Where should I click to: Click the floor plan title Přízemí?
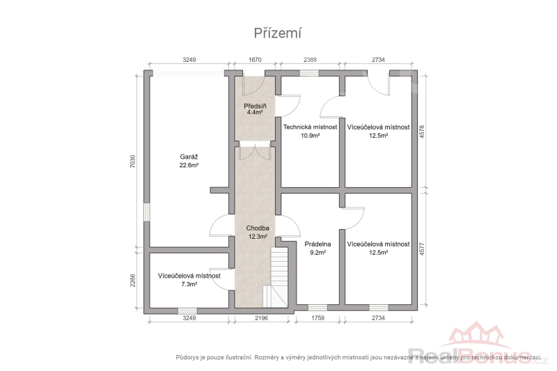277,33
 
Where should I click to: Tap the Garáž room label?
189,157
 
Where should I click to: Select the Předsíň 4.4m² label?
255,109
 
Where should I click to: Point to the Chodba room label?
258,228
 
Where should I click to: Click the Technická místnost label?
310,127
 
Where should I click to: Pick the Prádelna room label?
318,244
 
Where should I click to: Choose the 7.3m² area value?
189,284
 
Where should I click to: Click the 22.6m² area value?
189,165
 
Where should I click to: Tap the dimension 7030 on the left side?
132,161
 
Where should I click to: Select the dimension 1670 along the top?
255,60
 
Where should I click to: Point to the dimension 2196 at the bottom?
262,317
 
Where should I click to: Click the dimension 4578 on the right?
422,132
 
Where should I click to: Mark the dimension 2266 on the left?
132,280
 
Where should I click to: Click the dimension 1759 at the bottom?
318,317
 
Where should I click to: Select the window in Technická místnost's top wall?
309,73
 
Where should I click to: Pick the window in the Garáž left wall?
146,212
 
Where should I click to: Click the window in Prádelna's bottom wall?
317,308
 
